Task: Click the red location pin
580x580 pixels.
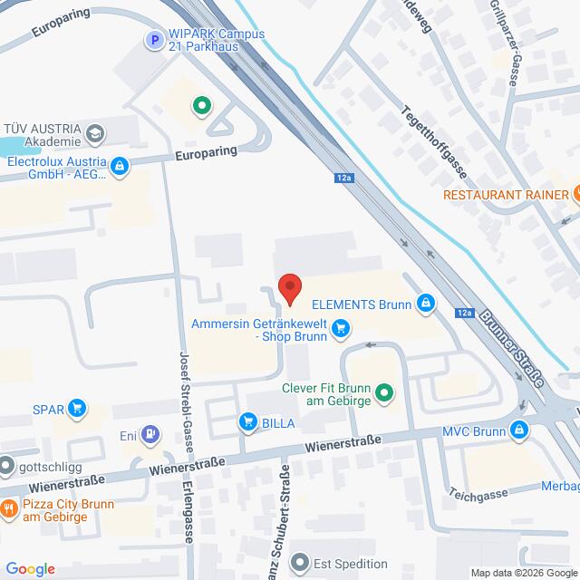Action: coord(289,287)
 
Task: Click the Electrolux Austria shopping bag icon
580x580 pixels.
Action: coord(119,166)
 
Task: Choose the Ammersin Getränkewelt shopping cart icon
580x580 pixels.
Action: coord(341,329)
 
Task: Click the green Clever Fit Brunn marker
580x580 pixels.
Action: coord(384,392)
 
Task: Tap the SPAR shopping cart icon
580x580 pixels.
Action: coord(78,409)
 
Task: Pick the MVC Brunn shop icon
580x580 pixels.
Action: coord(519,430)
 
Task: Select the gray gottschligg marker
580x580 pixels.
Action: coord(7,468)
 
